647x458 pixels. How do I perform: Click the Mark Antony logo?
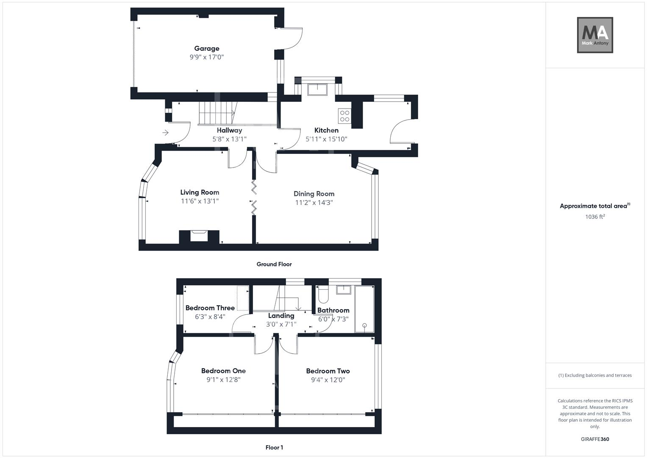(595, 35)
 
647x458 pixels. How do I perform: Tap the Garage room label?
(207, 48)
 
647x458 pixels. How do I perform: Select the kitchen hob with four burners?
(344, 116)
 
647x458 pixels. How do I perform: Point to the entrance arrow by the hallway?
(165, 133)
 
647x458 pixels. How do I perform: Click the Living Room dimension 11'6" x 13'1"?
(200, 201)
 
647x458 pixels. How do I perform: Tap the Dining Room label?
(314, 194)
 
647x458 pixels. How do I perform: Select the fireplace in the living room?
(199, 236)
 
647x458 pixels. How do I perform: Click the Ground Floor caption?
(274, 264)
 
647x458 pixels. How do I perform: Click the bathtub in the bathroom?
(364, 309)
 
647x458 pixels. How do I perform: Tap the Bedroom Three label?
(210, 308)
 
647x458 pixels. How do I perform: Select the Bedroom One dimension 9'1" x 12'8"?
(223, 380)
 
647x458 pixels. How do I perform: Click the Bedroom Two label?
(328, 371)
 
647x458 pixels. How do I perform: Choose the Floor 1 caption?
(274, 447)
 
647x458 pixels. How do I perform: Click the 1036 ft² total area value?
(595, 217)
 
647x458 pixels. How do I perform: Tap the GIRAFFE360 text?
(595, 439)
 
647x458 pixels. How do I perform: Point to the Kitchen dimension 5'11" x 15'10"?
(326, 139)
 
